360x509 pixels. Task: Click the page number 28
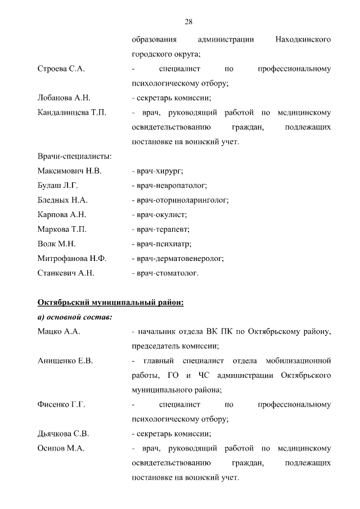click(189, 22)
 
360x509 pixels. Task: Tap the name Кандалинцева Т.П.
click(71, 112)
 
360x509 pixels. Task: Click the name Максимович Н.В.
click(69, 171)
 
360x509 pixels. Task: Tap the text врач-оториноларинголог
click(182, 200)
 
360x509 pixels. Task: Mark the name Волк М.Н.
click(56, 244)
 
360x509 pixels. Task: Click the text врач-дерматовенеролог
click(180, 259)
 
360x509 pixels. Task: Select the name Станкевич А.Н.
click(66, 273)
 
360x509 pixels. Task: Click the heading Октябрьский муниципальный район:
click(110, 303)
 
